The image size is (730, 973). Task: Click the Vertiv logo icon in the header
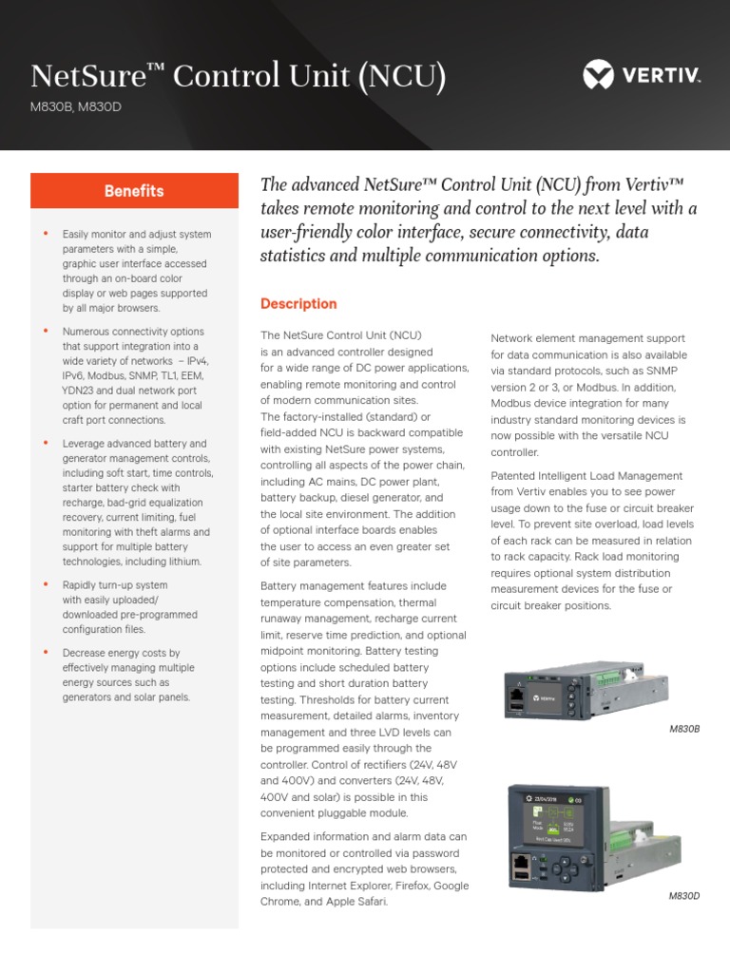[x=599, y=74]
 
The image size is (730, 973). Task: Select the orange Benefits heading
[x=134, y=191]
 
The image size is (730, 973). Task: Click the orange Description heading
[x=298, y=304]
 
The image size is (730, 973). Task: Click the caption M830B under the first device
[x=684, y=728]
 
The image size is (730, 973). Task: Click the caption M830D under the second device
[x=684, y=896]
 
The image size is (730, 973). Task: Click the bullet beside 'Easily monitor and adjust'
[x=45, y=234]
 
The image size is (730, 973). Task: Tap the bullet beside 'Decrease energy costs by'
[x=45, y=653]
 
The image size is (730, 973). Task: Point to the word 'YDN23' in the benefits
[x=80, y=390]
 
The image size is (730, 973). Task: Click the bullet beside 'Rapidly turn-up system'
[x=45, y=585]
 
